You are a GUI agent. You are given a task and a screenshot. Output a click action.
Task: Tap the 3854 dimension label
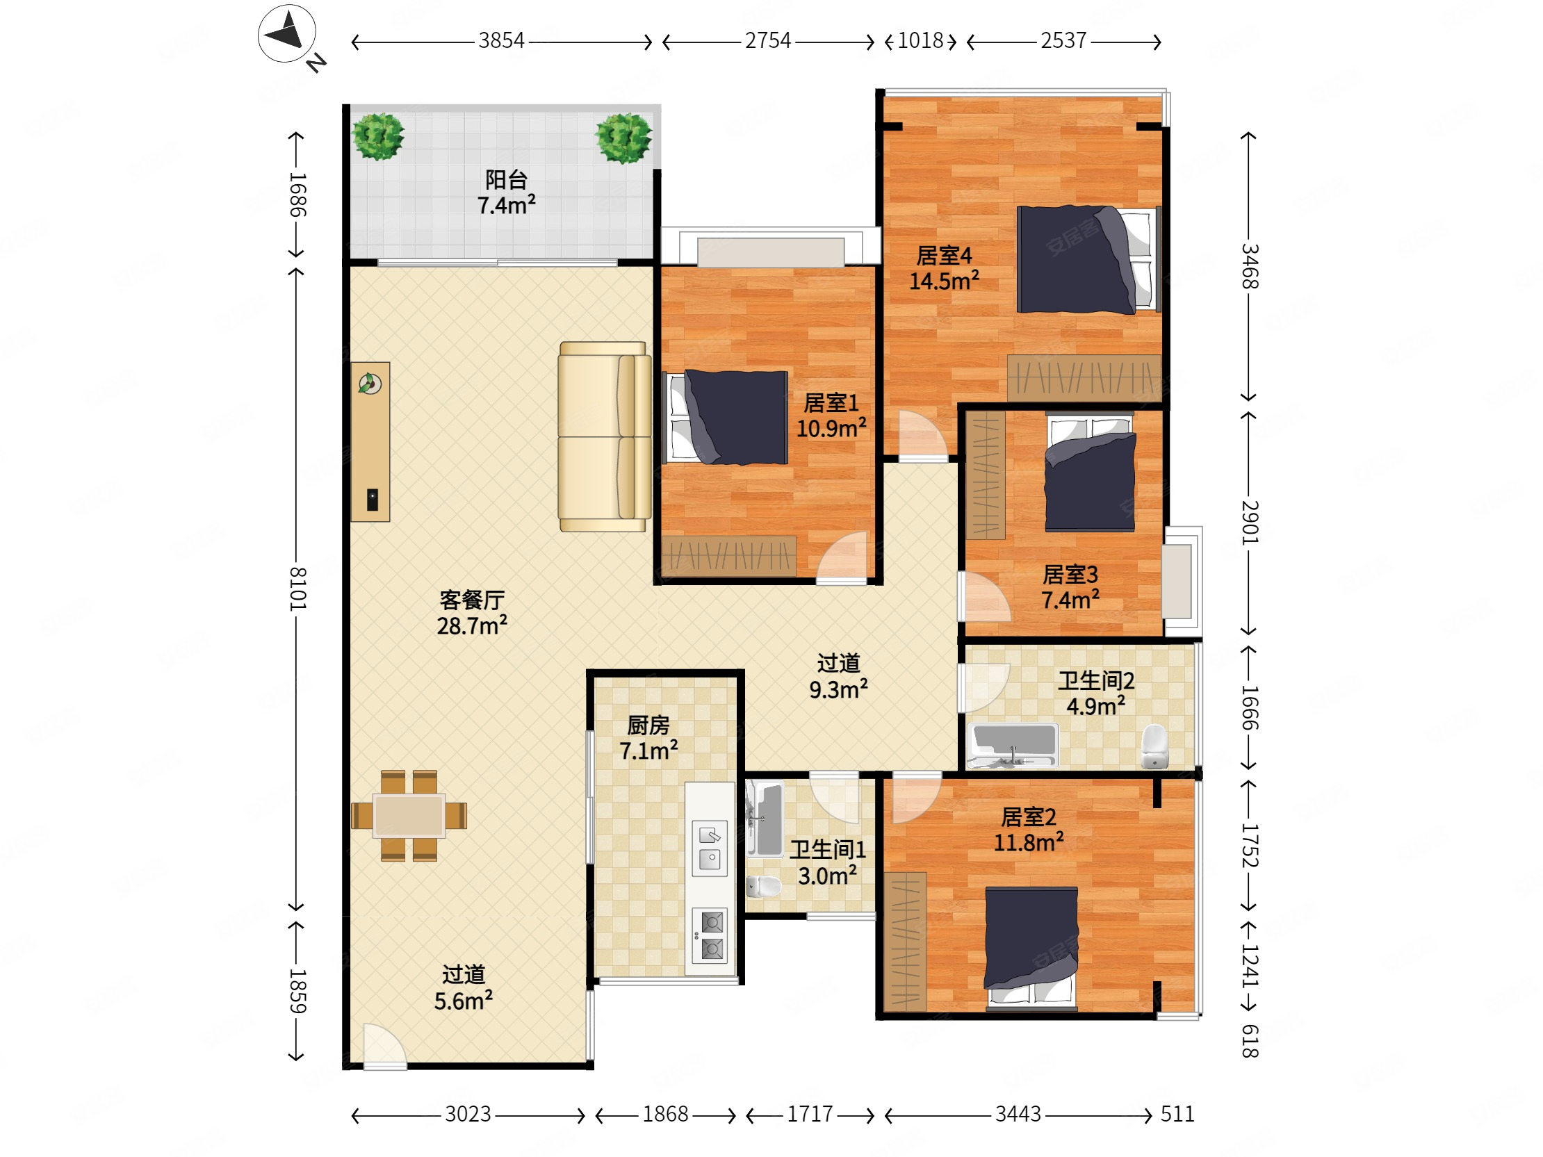(x=501, y=40)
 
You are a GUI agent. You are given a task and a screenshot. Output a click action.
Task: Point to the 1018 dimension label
(x=920, y=40)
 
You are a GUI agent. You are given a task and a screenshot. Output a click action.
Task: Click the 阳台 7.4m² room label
(x=506, y=192)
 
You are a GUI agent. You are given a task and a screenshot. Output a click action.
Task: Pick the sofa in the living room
(x=604, y=436)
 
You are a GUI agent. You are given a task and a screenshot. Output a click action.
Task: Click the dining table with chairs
(x=409, y=815)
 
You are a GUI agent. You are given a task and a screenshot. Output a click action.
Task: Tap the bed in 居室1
(x=726, y=417)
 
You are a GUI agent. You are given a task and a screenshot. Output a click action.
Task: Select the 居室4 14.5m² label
(x=944, y=268)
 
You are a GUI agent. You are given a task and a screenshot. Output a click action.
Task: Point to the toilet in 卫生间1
(x=763, y=887)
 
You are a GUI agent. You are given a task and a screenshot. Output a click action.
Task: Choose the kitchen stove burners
(x=710, y=936)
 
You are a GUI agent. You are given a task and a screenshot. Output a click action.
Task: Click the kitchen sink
(x=710, y=848)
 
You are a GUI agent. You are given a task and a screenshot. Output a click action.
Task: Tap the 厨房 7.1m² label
(x=648, y=738)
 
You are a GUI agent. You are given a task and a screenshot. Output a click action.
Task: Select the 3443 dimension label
(x=1018, y=1115)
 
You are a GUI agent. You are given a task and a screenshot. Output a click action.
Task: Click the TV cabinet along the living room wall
(x=370, y=441)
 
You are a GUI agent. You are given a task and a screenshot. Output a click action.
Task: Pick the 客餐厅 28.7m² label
(x=471, y=613)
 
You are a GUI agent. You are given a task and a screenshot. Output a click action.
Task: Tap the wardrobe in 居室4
(x=1084, y=378)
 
